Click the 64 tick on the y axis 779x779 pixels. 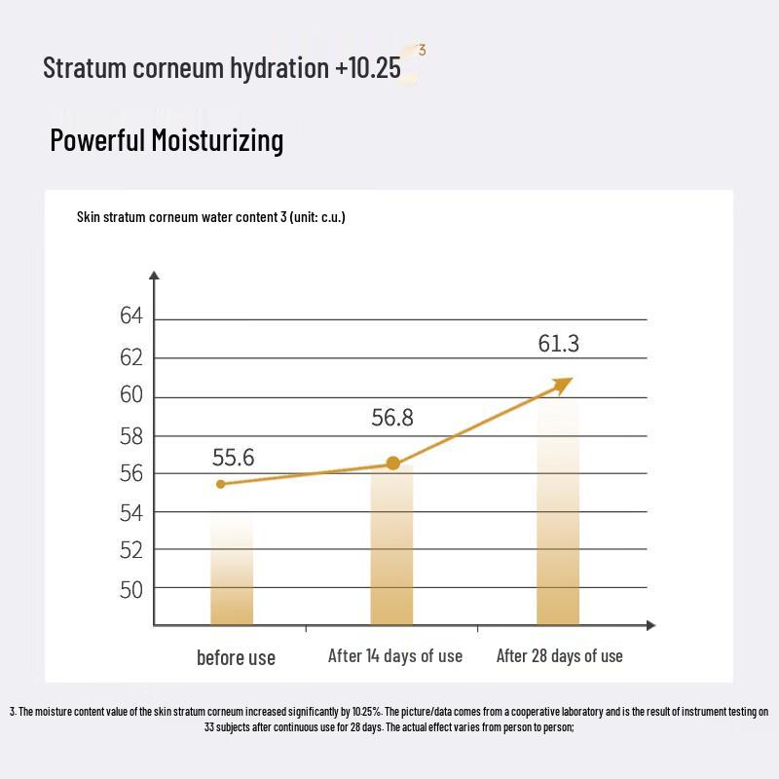(x=131, y=317)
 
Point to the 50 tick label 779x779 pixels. (x=131, y=589)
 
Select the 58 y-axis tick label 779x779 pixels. (x=131, y=436)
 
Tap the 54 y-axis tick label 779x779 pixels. (x=131, y=513)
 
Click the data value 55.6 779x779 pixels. (x=234, y=458)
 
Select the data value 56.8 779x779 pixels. (x=392, y=418)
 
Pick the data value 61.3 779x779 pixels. (x=559, y=344)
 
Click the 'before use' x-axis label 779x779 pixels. (x=236, y=658)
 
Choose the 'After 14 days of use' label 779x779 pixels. (x=395, y=656)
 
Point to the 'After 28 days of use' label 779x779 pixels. (x=559, y=656)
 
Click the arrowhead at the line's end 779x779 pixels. (x=564, y=383)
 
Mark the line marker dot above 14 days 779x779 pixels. (x=393, y=464)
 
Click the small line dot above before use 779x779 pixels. (x=221, y=484)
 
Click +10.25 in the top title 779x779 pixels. (x=367, y=68)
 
